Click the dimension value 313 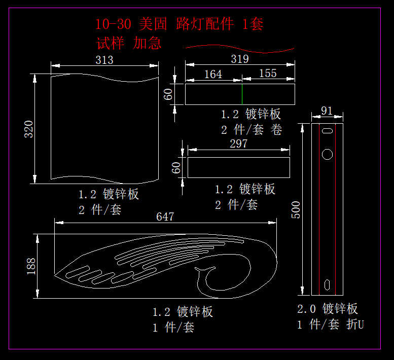pyautogui.click(x=104, y=60)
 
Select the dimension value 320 pyautogui.click(x=29, y=129)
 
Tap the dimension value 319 pyautogui.click(x=239, y=59)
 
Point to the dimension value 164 pyautogui.click(x=213, y=74)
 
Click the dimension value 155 pyautogui.click(x=268, y=73)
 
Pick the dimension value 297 pyautogui.click(x=238, y=143)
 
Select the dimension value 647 pyautogui.click(x=165, y=217)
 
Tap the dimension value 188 pyautogui.click(x=31, y=266)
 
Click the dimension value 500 pyautogui.click(x=297, y=209)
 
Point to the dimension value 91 pyautogui.click(x=327, y=111)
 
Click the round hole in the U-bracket pyautogui.click(x=327, y=153)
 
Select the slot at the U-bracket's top pyautogui.click(x=327, y=131)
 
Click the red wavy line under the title pyautogui.click(x=239, y=49)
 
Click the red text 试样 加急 pyautogui.click(x=129, y=43)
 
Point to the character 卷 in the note pyautogui.click(x=276, y=130)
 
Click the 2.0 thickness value pyautogui.click(x=306, y=309)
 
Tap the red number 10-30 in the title pyautogui.click(x=114, y=24)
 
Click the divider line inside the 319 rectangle pyautogui.click(x=242, y=94)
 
